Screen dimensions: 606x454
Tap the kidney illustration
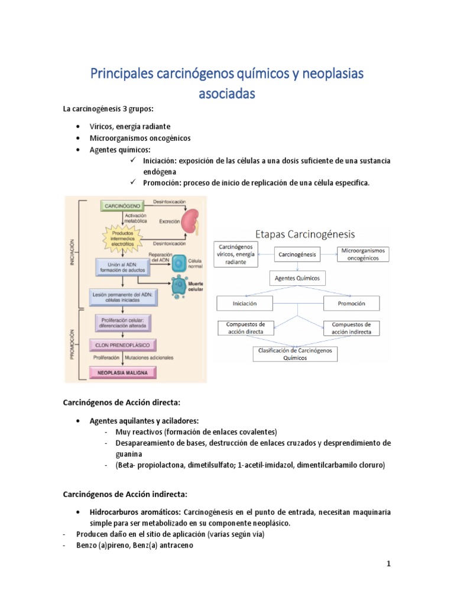tap(190, 223)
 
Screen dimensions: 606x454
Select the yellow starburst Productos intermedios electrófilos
tap(127, 237)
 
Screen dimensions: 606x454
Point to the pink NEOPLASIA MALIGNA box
tap(123, 372)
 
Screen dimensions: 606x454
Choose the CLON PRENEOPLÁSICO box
tap(122, 344)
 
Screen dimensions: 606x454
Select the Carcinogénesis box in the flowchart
tap(297, 254)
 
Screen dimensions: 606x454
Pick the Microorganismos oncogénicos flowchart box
tap(363, 254)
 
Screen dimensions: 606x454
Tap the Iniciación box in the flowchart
tap(245, 303)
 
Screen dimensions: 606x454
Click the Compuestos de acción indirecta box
tap(352, 328)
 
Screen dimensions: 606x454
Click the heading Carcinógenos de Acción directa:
tap(122, 402)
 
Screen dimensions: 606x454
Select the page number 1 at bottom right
tap(388, 564)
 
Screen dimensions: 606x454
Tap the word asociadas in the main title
tap(227, 93)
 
